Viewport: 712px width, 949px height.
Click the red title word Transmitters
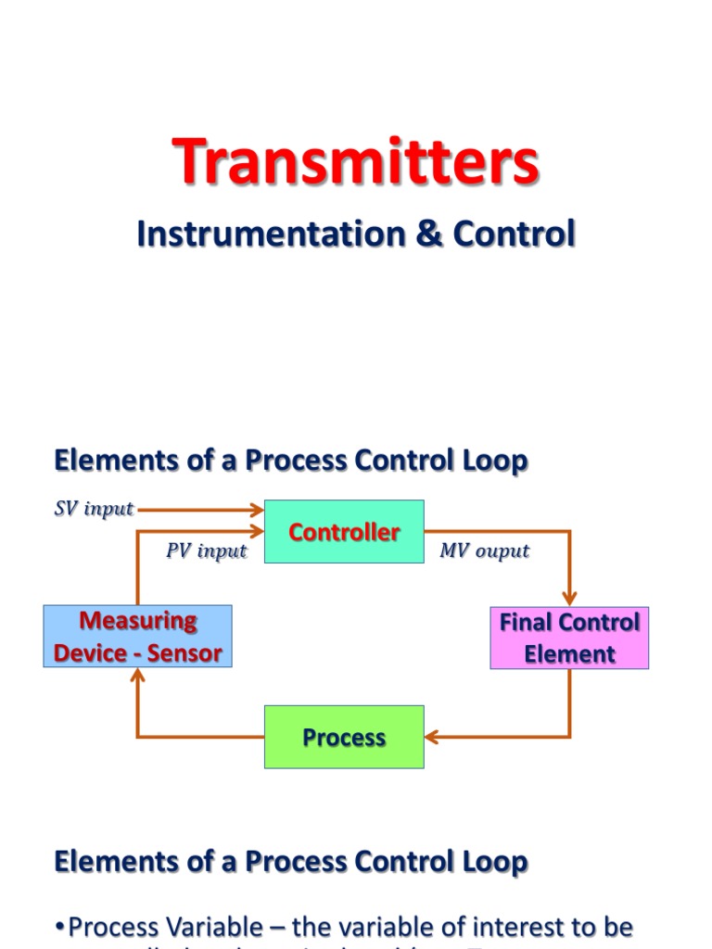[x=355, y=161]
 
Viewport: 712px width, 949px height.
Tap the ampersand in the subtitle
[x=428, y=234]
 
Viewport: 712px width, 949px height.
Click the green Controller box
[x=344, y=531]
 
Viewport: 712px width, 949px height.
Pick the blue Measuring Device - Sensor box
[x=137, y=637]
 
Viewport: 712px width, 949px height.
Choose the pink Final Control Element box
[x=569, y=638]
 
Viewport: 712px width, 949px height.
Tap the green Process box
[x=344, y=737]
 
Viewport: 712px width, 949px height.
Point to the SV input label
[x=94, y=509]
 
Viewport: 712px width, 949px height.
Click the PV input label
[x=207, y=550]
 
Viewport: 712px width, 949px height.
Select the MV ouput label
[x=484, y=550]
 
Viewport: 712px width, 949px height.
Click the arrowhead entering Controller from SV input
[x=259, y=509]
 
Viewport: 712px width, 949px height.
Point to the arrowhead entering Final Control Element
[x=569, y=599]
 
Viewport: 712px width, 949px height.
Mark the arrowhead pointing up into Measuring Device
[x=137, y=676]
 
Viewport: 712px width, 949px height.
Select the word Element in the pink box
[x=569, y=653]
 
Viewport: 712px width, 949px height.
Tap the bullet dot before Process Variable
[x=60, y=927]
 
